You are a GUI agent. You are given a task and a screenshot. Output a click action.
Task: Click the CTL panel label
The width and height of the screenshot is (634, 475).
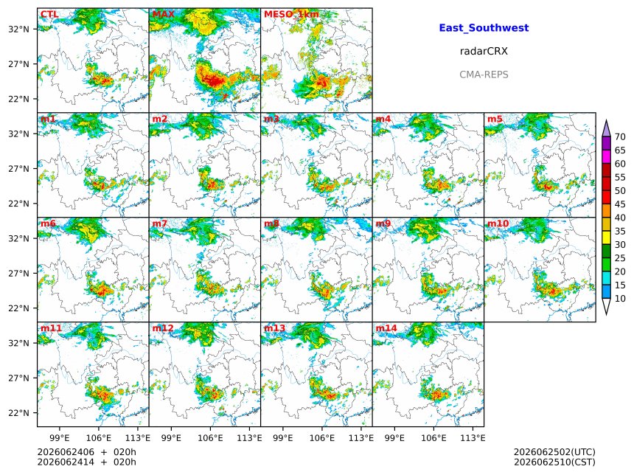tap(49, 15)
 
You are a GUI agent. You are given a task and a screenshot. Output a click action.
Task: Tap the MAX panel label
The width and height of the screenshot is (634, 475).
tap(164, 15)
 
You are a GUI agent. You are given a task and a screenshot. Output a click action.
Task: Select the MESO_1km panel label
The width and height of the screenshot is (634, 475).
tap(291, 15)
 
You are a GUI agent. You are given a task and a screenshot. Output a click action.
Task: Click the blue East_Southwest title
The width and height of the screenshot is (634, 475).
tap(484, 28)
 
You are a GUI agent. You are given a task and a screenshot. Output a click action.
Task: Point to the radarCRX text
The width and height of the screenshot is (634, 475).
tap(484, 52)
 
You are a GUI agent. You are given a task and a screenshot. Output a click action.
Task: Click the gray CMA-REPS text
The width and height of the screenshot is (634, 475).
tap(484, 74)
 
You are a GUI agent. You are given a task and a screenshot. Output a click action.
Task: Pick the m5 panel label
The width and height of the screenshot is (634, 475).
tap(495, 119)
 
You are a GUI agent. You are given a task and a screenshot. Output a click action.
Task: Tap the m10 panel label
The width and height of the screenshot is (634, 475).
tap(498, 223)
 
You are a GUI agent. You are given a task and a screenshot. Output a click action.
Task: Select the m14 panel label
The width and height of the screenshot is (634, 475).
tap(386, 328)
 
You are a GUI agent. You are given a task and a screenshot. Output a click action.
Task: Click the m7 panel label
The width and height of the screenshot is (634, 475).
tap(160, 223)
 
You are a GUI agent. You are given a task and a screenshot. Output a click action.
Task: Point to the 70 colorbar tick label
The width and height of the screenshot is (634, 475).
tap(620, 137)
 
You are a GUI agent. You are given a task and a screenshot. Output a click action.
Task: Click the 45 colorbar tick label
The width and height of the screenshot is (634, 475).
tap(620, 204)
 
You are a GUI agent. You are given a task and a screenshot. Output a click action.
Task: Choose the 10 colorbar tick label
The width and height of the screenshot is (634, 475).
tap(620, 299)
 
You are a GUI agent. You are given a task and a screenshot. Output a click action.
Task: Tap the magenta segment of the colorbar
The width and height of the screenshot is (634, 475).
tap(606, 157)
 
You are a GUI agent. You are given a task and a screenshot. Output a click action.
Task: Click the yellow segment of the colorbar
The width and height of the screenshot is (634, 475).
tap(606, 237)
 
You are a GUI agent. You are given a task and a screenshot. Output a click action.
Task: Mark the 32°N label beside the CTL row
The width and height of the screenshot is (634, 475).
tap(18, 29)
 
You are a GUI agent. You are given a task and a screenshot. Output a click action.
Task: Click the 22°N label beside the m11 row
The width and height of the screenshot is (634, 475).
tap(18, 413)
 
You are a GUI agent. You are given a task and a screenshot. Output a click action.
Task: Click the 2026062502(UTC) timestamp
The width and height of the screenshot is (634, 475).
tap(554, 452)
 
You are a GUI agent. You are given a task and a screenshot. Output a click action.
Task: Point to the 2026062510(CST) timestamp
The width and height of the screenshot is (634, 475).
tap(554, 462)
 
